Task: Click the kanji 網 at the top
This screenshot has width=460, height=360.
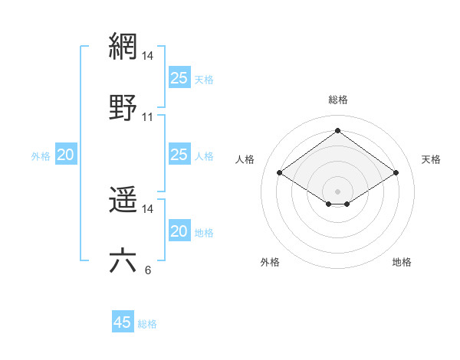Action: coord(123,47)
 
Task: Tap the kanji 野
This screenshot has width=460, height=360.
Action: coord(123,108)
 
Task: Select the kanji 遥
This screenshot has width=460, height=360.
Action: coord(123,201)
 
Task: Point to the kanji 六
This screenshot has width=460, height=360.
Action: coord(123,260)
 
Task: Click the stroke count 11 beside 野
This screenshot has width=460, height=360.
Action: coord(148,117)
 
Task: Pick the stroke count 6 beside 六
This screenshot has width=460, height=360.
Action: coord(148,270)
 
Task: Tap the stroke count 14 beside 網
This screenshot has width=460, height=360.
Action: coord(148,56)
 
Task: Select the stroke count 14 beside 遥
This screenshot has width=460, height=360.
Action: coord(148,209)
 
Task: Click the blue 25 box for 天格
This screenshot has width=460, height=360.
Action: coord(179,78)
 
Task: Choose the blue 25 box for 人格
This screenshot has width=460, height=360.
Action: coord(179,155)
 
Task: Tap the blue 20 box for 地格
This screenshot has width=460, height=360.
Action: coord(179,231)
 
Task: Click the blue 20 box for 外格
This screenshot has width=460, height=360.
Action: coord(66,155)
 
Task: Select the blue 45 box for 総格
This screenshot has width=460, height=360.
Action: coord(123,322)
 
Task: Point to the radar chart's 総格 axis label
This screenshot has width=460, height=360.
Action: coord(338,100)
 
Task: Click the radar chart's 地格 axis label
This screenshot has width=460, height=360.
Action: coord(402,262)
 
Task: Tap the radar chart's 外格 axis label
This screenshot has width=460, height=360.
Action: coord(270,262)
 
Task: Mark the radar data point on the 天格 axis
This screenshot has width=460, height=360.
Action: coord(396,173)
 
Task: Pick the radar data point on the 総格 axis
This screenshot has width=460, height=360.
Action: coord(338,131)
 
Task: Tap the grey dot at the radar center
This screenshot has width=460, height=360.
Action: coord(338,191)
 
